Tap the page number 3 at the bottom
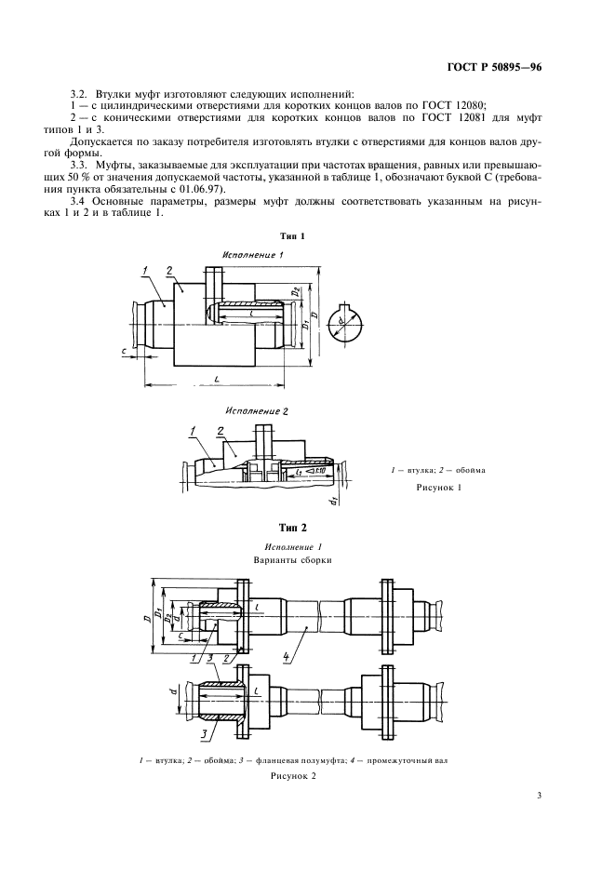tap(540, 796)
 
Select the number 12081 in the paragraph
tap(479, 119)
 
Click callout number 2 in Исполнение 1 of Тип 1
tap(169, 271)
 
